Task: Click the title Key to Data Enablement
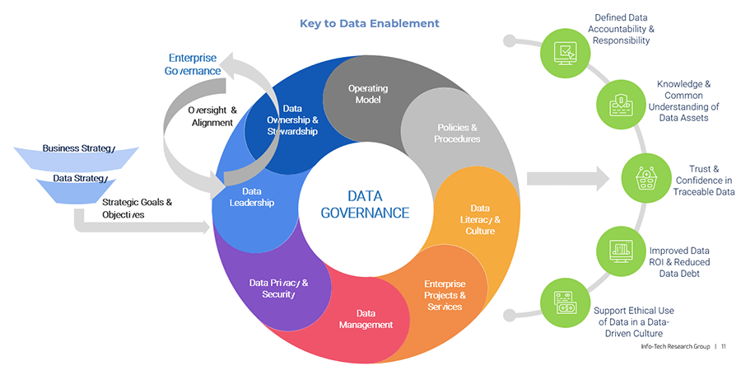pos(370,23)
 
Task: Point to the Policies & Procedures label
pos(458,133)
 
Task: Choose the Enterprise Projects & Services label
pos(445,295)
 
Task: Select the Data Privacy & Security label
pos(279,289)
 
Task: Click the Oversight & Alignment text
pos(212,116)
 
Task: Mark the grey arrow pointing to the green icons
pos(566,177)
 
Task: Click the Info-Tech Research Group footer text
pos(678,346)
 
